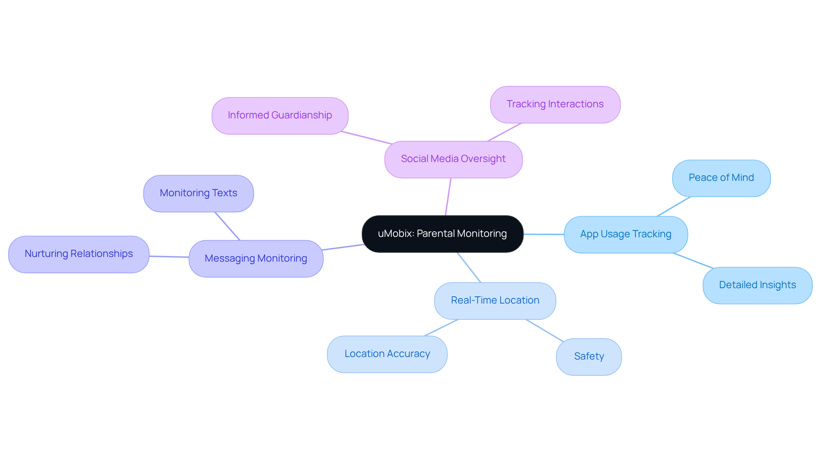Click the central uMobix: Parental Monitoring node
pyautogui.click(x=442, y=234)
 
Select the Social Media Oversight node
pyautogui.click(x=453, y=159)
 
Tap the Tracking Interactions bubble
pyautogui.click(x=555, y=104)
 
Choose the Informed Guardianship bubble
pyautogui.click(x=280, y=115)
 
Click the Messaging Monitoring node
pyautogui.click(x=256, y=259)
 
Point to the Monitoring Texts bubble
pyautogui.click(x=198, y=193)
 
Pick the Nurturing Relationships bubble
pyautogui.click(x=79, y=254)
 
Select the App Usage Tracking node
pyautogui.click(x=626, y=234)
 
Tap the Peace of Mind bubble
pyautogui.click(x=721, y=178)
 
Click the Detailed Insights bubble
pyautogui.click(x=757, y=285)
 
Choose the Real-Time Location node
pyautogui.click(x=495, y=301)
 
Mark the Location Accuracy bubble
pyautogui.click(x=387, y=354)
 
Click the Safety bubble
pyautogui.click(x=589, y=357)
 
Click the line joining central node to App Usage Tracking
pyautogui.click(x=543, y=234)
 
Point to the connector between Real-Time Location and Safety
pyautogui.click(x=544, y=330)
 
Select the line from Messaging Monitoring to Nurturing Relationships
pyautogui.click(x=169, y=257)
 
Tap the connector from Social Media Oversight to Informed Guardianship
pyautogui.click(x=366, y=138)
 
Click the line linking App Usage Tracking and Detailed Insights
pyautogui.click(x=693, y=260)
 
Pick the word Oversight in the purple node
pyautogui.click(x=483, y=159)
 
